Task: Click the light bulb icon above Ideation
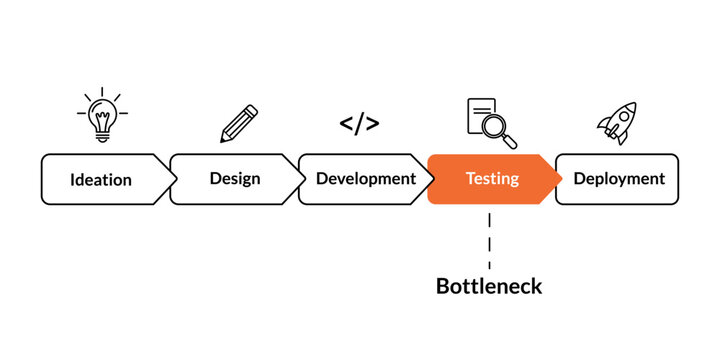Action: pyautogui.click(x=101, y=116)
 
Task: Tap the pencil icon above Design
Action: pyautogui.click(x=239, y=123)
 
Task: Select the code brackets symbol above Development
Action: pyautogui.click(x=359, y=124)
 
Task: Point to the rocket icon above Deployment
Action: pyautogui.click(x=617, y=123)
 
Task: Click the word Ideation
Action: pyautogui.click(x=101, y=180)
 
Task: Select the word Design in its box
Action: pyautogui.click(x=235, y=179)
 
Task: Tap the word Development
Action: pyautogui.click(x=365, y=179)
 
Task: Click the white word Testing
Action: pyautogui.click(x=492, y=179)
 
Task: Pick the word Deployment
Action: pyautogui.click(x=619, y=179)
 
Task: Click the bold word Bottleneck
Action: pyautogui.click(x=489, y=286)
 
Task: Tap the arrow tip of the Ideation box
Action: pyautogui.click(x=176, y=179)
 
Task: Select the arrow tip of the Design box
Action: pyautogui.click(x=305, y=179)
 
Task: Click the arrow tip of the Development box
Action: pyautogui.click(x=433, y=179)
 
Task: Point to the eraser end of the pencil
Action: pyautogui.click(x=253, y=109)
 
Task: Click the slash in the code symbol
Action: pyautogui.click(x=359, y=124)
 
